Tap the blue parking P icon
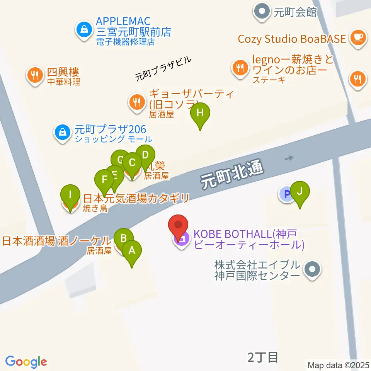click(x=286, y=194)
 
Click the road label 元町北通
click(x=232, y=175)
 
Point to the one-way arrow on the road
click(x=289, y=158)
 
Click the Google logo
click(x=26, y=362)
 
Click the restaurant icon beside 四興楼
click(x=36, y=75)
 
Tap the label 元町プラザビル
click(x=163, y=69)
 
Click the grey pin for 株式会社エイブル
click(x=312, y=270)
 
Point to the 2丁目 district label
click(x=262, y=357)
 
